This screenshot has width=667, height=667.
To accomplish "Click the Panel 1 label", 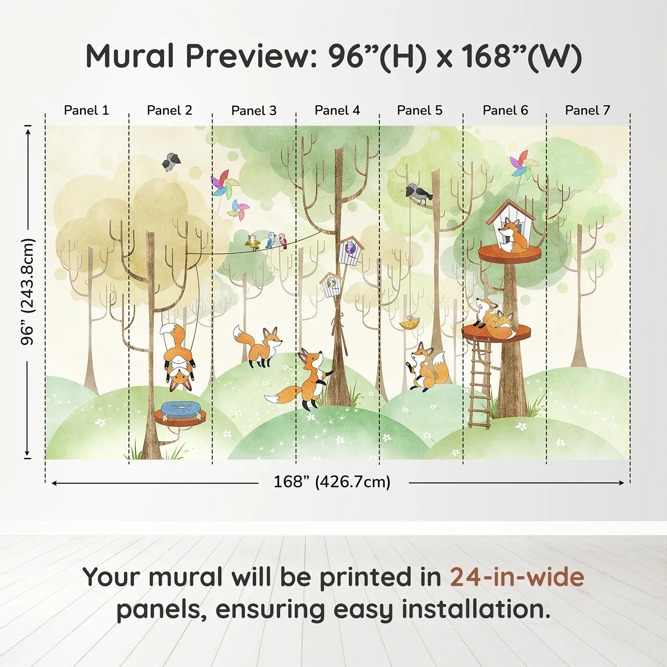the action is tap(86, 111).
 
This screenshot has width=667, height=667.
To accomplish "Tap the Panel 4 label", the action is tap(337, 111).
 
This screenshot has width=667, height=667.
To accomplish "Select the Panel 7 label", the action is tap(587, 111).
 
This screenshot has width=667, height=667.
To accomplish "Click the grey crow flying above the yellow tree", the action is tap(171, 162).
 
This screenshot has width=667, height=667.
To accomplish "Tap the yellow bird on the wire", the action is tap(253, 243).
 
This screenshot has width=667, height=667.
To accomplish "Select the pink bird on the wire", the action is tap(283, 241).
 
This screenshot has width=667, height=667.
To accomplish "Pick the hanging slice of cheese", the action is tap(409, 323).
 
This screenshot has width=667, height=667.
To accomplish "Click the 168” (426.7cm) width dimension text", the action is tap(332, 482).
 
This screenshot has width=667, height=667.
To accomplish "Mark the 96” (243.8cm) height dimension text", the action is tap(27, 292).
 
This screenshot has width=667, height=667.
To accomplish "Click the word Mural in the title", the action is tap(130, 56).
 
